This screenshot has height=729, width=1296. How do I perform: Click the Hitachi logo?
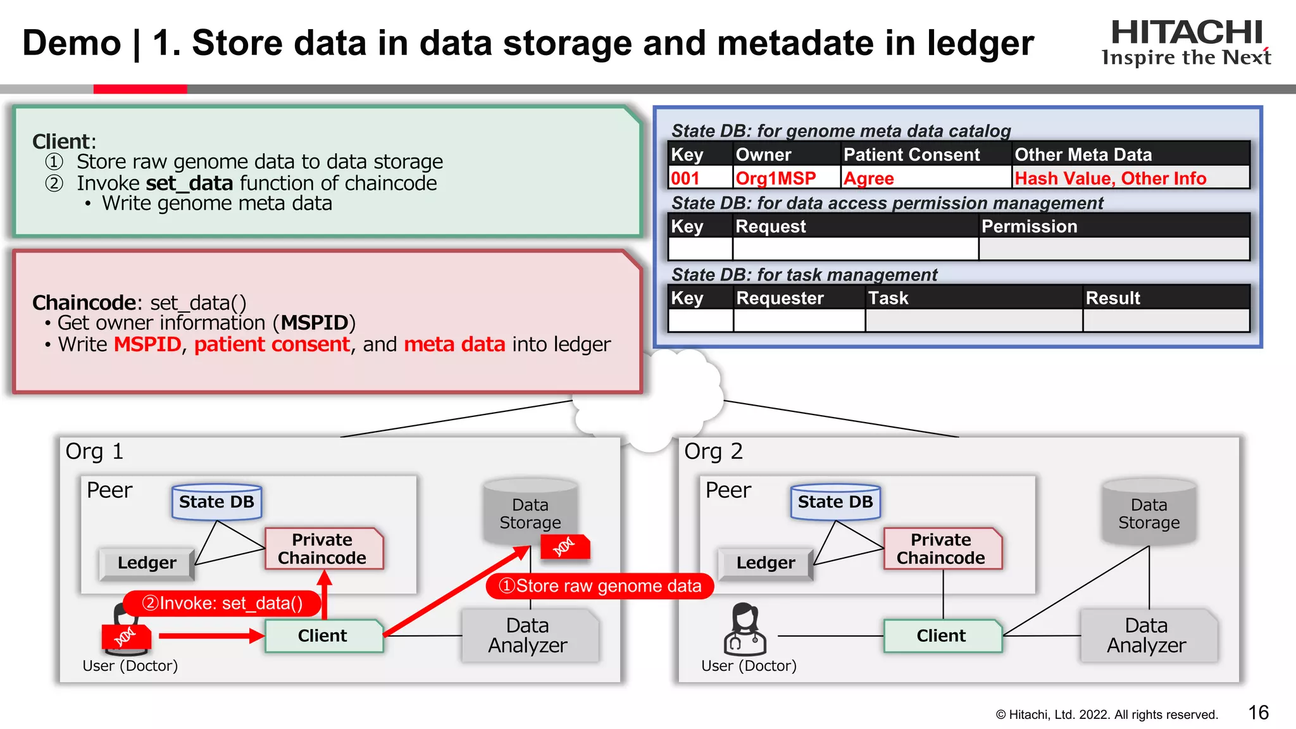click(x=1186, y=42)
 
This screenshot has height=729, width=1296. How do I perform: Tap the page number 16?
click(x=1258, y=713)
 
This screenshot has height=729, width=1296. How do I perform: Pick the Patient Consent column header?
click(x=911, y=154)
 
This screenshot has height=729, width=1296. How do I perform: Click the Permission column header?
click(x=1029, y=226)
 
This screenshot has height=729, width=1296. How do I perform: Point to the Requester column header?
click(x=780, y=298)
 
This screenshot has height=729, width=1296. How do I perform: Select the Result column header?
click(x=1112, y=298)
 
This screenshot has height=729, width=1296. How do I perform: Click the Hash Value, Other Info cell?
click(x=1110, y=178)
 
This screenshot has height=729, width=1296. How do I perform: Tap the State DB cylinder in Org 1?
click(x=216, y=502)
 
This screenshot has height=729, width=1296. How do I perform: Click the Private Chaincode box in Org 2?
click(x=941, y=549)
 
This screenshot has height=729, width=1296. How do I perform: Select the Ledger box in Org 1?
click(x=147, y=563)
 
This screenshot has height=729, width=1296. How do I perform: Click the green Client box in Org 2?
click(x=942, y=635)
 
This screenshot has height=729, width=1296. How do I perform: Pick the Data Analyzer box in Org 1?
click(x=528, y=635)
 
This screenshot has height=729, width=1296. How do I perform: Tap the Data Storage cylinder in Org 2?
click(x=1149, y=513)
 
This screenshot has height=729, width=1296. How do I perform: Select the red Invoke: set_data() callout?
click(x=222, y=603)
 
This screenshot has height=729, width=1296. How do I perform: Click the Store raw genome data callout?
click(x=599, y=586)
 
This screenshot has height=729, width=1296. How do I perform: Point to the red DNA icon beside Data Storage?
click(x=564, y=547)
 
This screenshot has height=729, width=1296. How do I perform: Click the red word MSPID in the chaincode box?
click(x=147, y=344)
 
